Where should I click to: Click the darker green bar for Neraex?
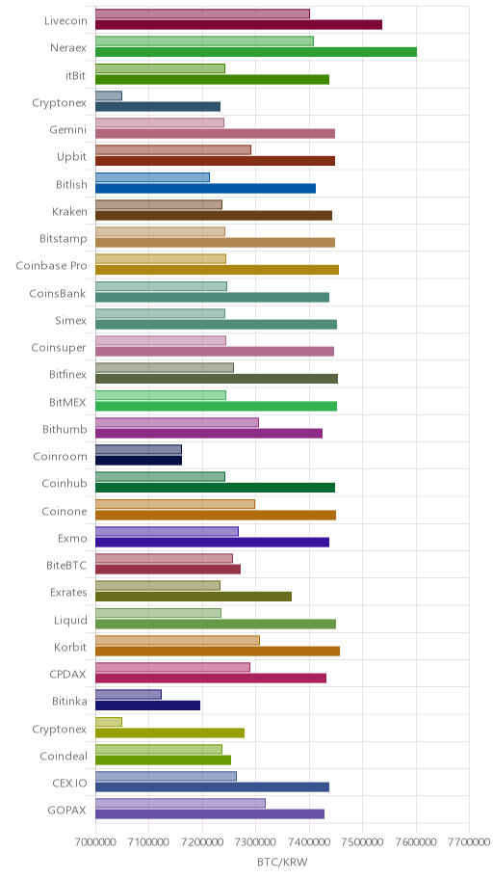coord(256,52)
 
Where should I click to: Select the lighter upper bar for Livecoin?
coord(202,14)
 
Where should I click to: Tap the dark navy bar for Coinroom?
coord(139,461)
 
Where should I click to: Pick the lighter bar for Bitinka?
coord(128,695)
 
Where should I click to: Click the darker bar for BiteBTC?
coord(169,569)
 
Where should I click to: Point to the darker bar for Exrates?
coord(194,597)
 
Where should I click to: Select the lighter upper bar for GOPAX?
coord(180,803)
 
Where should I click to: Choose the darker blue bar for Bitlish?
coord(206,188)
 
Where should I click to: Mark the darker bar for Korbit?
coord(218,651)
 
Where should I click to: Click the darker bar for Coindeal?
coord(163,759)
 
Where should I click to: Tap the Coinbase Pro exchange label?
coord(52,266)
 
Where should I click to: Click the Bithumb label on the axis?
coord(65,430)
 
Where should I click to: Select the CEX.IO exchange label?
coord(68,784)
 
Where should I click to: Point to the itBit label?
coord(76,75)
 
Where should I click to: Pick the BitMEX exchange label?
coord(67,402)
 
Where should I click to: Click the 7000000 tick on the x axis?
coord(95,842)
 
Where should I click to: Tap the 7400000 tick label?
coord(309,842)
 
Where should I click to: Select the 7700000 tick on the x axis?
coord(470,842)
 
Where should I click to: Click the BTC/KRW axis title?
coord(282,862)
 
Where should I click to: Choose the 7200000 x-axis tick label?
coord(202,842)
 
